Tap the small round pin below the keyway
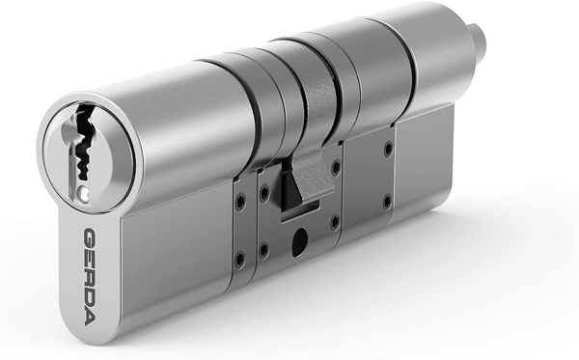pos(88,192)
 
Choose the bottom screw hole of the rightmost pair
pos(386,202)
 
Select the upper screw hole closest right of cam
pos(336,169)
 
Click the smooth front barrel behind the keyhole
pos(174,125)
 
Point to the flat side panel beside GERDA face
pos(174,251)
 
